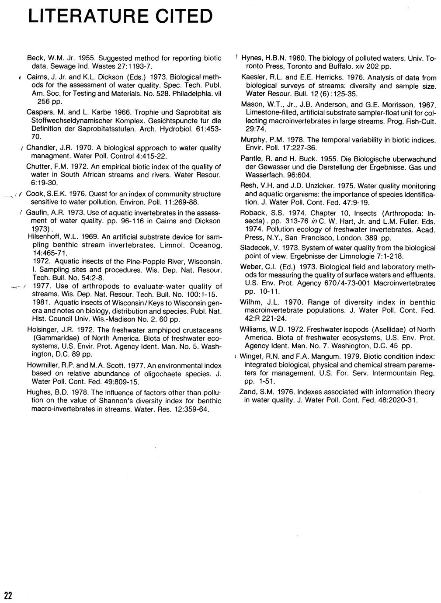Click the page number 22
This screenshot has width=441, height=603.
click(8, 595)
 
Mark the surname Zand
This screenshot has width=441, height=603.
click(248, 392)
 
